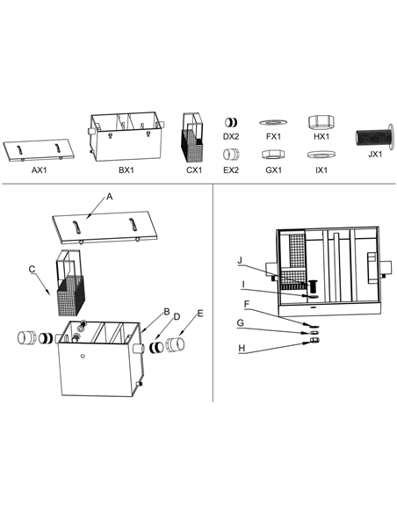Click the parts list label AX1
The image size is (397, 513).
click(39, 170)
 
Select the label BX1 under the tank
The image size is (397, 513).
click(126, 170)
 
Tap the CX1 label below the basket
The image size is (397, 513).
click(194, 170)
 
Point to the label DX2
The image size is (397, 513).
click(231, 137)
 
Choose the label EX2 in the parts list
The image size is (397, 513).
click(231, 170)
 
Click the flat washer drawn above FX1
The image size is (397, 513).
click(273, 122)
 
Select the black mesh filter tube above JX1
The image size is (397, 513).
click(372, 137)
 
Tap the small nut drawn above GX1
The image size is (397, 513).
click(273, 154)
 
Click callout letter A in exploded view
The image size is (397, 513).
click(109, 199)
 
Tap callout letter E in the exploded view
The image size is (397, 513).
click(199, 313)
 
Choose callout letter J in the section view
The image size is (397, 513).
click(239, 260)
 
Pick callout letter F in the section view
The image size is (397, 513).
click(246, 304)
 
